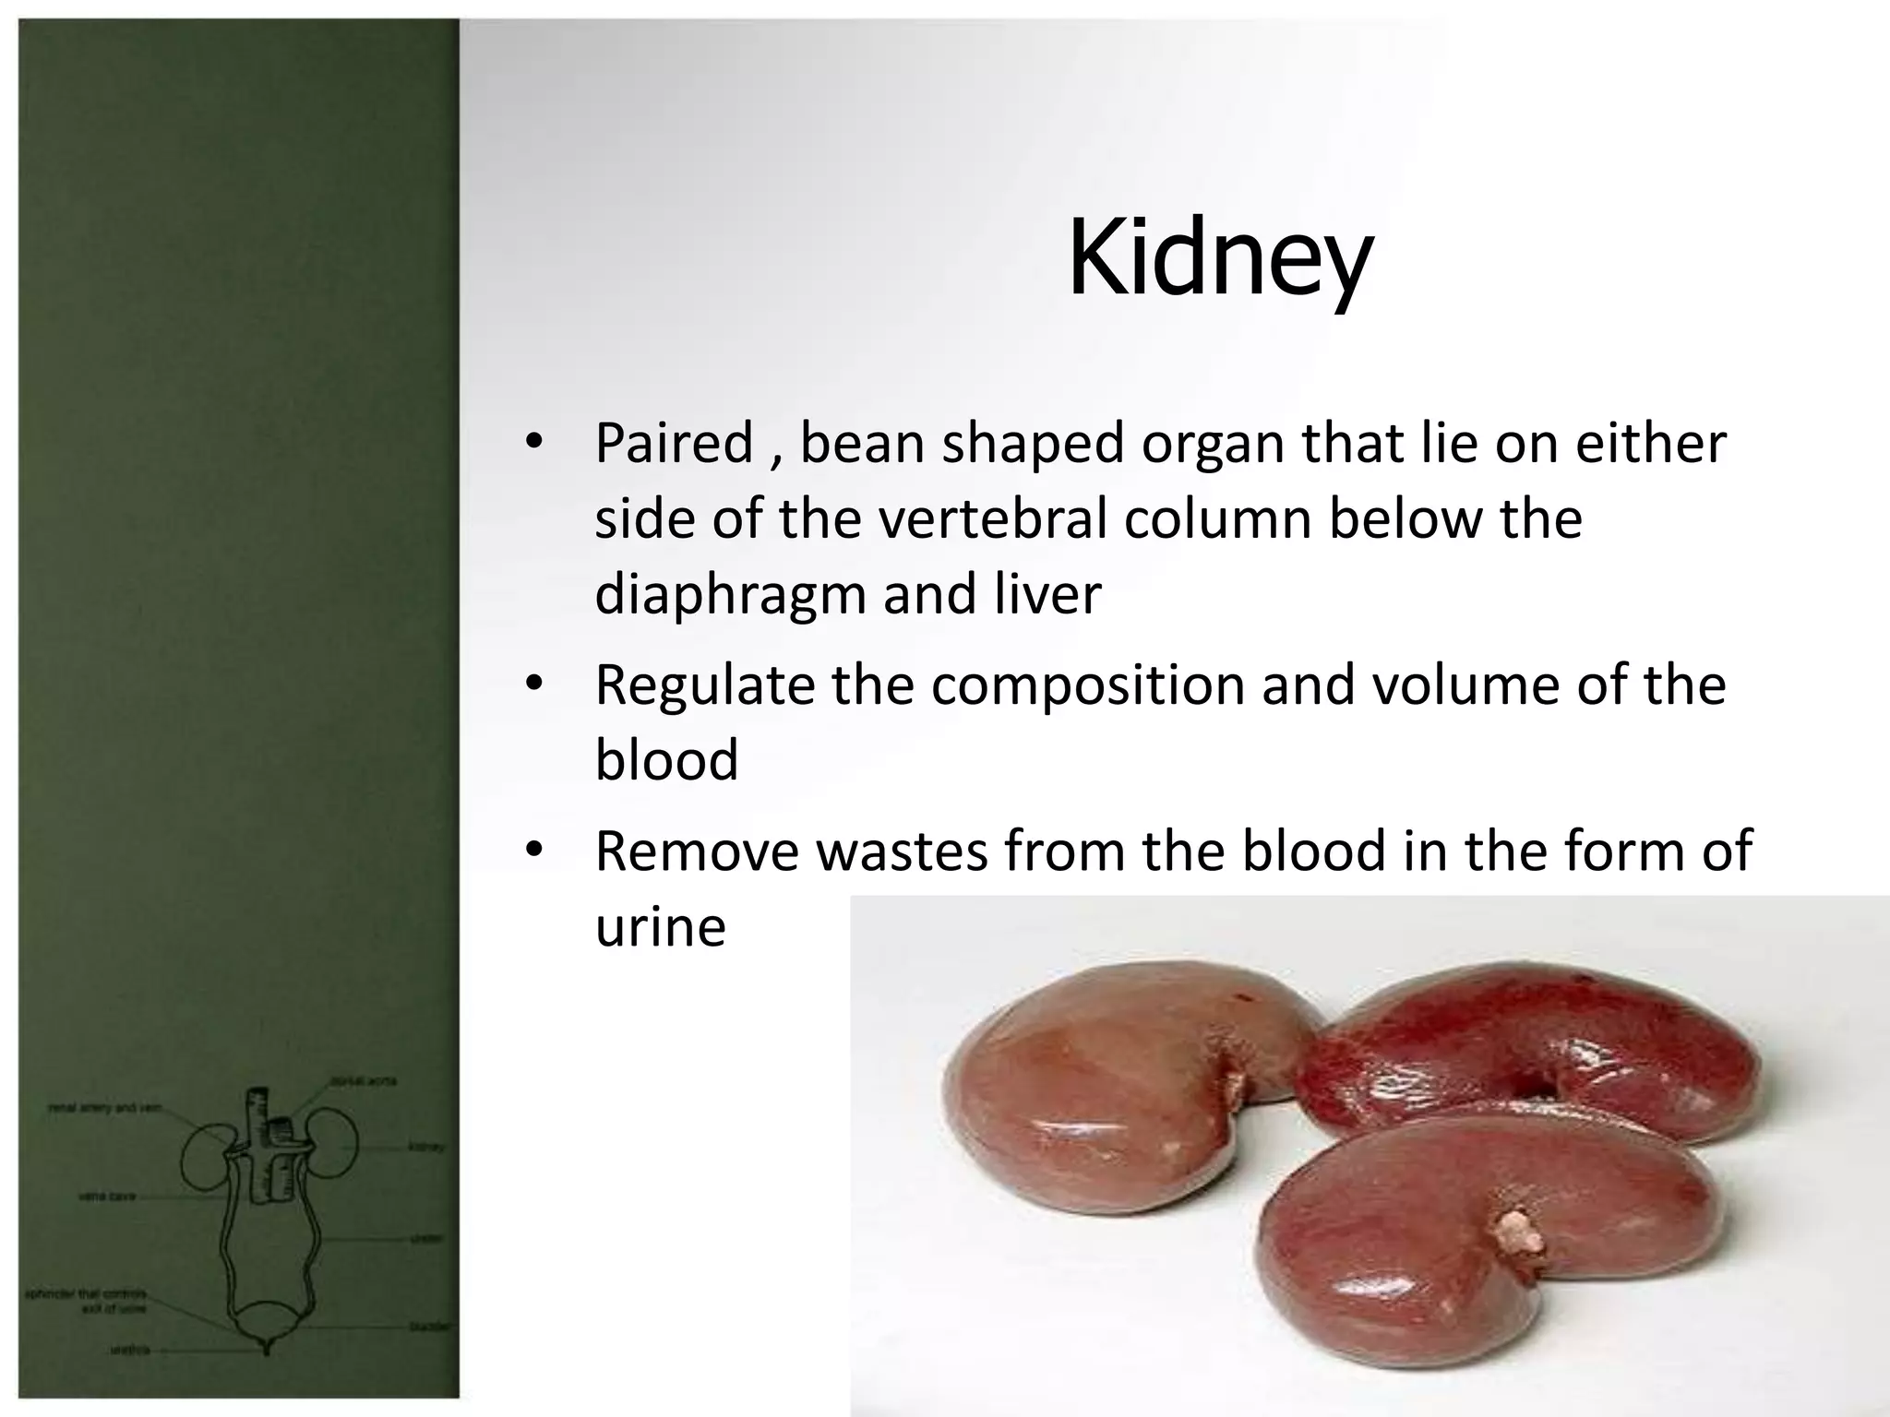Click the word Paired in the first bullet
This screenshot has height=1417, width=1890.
674,444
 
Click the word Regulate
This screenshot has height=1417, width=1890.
704,685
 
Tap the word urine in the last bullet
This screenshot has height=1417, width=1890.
660,927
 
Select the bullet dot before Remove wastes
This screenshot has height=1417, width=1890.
533,850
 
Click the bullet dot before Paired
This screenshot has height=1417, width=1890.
533,441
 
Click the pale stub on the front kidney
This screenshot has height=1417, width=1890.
1514,1233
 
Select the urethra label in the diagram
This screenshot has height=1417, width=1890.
129,1350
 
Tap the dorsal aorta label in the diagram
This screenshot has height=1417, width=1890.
364,1080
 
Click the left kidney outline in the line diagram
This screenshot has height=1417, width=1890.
205,1158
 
